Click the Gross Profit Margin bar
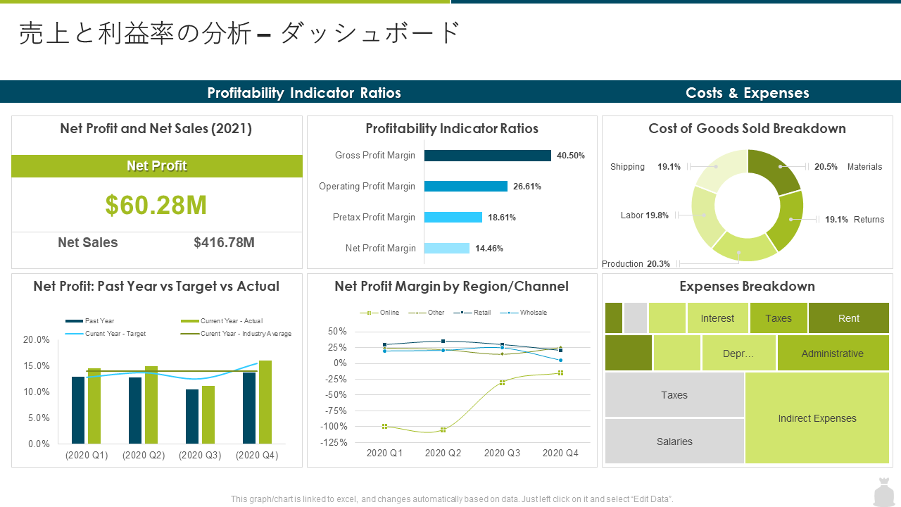pos(488,156)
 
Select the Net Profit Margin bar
pos(447,249)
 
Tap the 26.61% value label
pos(527,187)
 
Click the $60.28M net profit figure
pos(156,205)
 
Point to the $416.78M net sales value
pos(224,243)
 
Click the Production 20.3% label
pos(636,264)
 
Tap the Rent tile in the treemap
pos(849,318)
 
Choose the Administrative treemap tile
pos(833,353)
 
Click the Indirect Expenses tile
pos(817,418)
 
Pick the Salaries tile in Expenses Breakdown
pos(674,442)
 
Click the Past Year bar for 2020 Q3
pos(192,416)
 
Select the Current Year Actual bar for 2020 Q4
pos(265,402)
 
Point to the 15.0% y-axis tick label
pos(37,365)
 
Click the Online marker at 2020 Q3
pos(502,382)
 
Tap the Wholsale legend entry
pos(523,312)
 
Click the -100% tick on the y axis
pos(334,427)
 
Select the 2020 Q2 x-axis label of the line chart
pos(443,453)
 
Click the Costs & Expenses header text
pos(748,93)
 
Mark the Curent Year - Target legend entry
pos(106,334)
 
